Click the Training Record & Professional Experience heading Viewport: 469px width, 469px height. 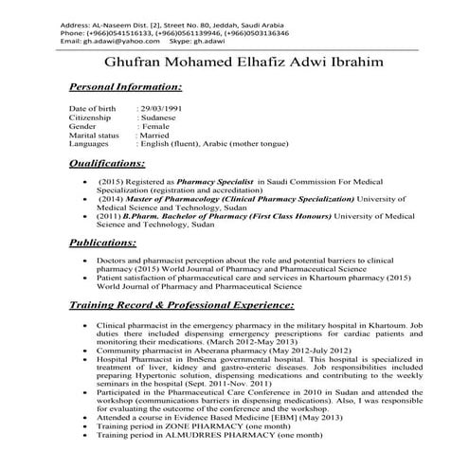pos(181,305)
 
